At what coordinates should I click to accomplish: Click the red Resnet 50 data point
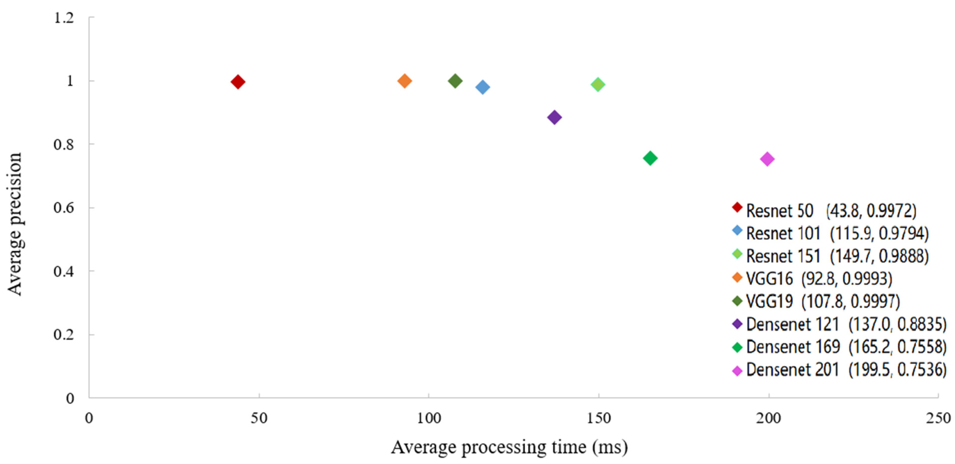(238, 82)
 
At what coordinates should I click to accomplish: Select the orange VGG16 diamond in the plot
(404, 81)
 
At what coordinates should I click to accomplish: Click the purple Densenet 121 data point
(554, 118)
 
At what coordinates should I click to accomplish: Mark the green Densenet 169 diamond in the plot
(650, 158)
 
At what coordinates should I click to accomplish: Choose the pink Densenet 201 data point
(767, 159)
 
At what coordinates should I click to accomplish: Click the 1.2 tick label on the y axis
(64, 18)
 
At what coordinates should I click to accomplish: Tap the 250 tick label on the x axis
(938, 418)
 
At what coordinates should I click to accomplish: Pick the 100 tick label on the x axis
(429, 418)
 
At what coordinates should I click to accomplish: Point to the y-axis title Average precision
(15, 224)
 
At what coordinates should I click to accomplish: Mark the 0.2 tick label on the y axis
(64, 334)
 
